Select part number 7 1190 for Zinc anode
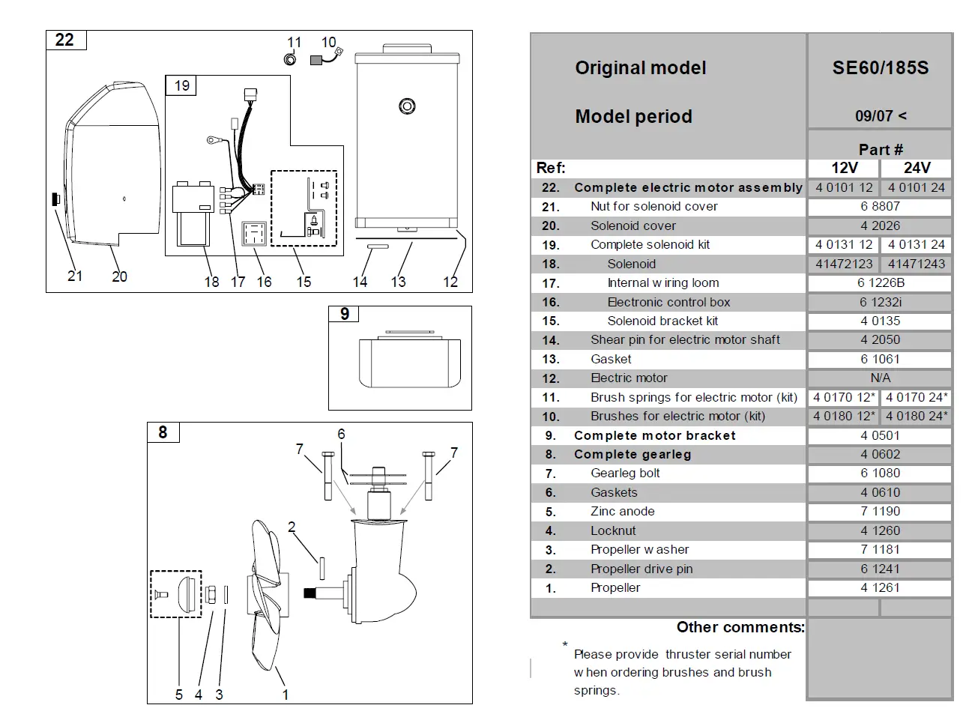point(880,512)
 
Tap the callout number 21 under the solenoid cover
point(75,276)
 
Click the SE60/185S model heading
point(880,68)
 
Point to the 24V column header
point(917,168)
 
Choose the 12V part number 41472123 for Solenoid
point(844,264)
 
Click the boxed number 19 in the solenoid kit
point(181,85)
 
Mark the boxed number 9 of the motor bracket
point(344,314)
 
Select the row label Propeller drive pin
point(642,569)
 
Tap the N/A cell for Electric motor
point(880,378)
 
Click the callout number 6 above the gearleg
point(341,434)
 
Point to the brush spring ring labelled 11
point(291,59)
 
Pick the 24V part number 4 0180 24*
point(917,417)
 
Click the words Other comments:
point(740,627)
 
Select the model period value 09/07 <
point(880,116)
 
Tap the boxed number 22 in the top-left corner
point(65,40)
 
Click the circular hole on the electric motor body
point(407,106)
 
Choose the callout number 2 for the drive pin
point(292,527)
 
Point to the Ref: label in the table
point(551,168)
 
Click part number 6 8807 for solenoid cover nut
point(880,206)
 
